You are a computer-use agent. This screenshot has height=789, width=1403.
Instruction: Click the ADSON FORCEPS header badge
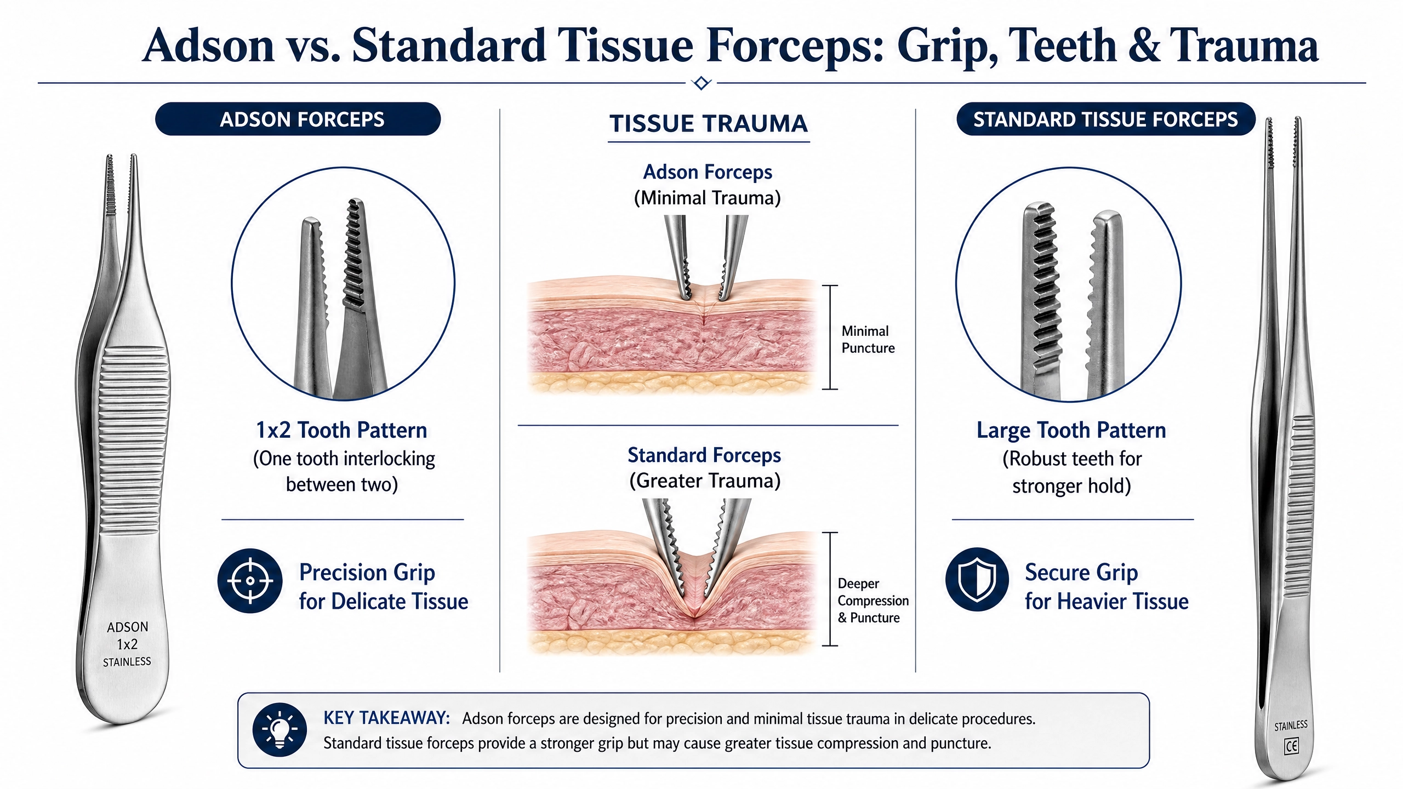point(298,119)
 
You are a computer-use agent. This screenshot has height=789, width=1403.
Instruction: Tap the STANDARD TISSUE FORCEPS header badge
point(1105,119)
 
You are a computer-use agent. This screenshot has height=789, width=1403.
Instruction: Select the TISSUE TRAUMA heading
point(709,124)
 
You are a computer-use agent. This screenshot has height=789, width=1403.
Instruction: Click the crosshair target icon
point(250,580)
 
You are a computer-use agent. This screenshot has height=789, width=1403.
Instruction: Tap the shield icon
point(977,580)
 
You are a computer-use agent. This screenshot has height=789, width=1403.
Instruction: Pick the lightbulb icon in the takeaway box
point(280,730)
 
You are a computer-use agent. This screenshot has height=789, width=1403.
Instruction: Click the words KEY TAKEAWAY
point(386,718)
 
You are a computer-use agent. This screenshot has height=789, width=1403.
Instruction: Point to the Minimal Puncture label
point(868,339)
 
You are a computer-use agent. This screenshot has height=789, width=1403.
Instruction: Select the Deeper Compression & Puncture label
point(873,601)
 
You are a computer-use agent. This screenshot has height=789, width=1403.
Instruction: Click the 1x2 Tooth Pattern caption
point(341,430)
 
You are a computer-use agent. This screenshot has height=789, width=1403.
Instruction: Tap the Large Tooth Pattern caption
point(1071,431)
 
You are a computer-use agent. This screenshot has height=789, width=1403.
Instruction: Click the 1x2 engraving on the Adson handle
point(127,644)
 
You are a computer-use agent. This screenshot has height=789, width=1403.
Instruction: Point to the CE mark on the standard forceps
point(1291,746)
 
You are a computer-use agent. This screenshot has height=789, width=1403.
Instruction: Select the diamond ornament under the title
point(701,83)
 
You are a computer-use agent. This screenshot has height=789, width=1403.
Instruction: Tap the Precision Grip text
point(367,573)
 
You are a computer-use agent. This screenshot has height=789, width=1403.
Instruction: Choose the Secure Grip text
point(1081,573)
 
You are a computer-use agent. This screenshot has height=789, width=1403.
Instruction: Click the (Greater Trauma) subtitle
point(705,481)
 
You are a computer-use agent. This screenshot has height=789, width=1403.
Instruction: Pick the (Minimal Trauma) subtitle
point(707,198)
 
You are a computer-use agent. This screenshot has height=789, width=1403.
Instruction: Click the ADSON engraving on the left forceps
point(128,627)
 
